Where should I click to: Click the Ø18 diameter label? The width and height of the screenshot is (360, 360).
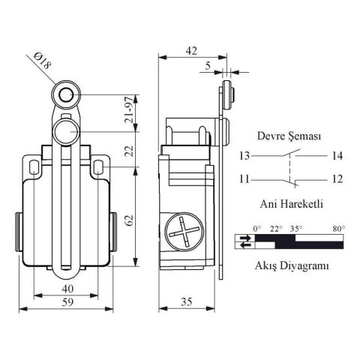click(43, 61)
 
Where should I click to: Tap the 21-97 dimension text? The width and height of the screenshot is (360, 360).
click(130, 112)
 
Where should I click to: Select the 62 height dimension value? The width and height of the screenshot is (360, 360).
click(130, 220)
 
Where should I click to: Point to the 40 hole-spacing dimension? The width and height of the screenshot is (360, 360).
click(67, 289)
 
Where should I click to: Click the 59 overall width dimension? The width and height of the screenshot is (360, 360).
click(67, 302)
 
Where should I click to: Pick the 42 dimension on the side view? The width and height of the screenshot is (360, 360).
click(191, 51)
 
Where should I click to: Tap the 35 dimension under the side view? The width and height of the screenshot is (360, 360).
click(187, 301)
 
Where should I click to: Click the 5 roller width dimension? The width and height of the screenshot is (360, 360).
click(208, 66)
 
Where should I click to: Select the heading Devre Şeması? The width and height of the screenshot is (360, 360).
click(289, 136)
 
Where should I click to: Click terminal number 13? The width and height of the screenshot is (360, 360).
click(244, 156)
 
